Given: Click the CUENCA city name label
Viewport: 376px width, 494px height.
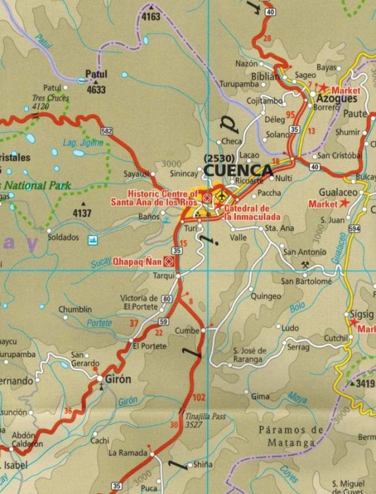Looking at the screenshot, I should pos(239,171).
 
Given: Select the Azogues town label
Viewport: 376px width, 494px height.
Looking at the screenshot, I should pos(335,98).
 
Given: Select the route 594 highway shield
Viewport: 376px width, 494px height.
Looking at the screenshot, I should pos(354,229).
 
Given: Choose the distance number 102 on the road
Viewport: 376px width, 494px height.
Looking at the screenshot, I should pos(200,397).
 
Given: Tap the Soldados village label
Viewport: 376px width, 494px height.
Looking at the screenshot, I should pos(63,237).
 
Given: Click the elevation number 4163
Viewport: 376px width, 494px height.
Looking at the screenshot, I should pos(151,16).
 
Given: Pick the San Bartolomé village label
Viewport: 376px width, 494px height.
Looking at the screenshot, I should pos(306,281).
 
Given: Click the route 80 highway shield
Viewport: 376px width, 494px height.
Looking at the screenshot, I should pos(166,300).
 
